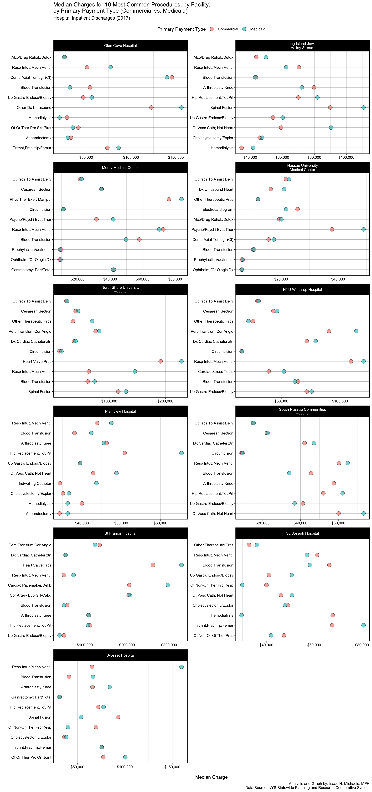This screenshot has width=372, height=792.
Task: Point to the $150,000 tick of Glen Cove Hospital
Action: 176,157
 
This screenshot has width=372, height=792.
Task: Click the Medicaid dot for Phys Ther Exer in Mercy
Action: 181,199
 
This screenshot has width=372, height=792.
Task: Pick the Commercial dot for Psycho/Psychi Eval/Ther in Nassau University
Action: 332,229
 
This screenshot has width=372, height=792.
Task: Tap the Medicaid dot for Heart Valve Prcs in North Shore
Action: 181,361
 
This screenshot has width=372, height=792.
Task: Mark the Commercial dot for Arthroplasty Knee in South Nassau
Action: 334,483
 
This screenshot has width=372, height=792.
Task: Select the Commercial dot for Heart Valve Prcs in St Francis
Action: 153,565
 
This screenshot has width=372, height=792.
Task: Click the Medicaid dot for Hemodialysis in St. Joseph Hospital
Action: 242,615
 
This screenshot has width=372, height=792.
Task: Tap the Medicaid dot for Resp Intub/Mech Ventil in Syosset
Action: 181,667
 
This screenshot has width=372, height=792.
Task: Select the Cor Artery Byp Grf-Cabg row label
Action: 30,595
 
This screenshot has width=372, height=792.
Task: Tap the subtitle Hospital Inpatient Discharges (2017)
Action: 91,18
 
